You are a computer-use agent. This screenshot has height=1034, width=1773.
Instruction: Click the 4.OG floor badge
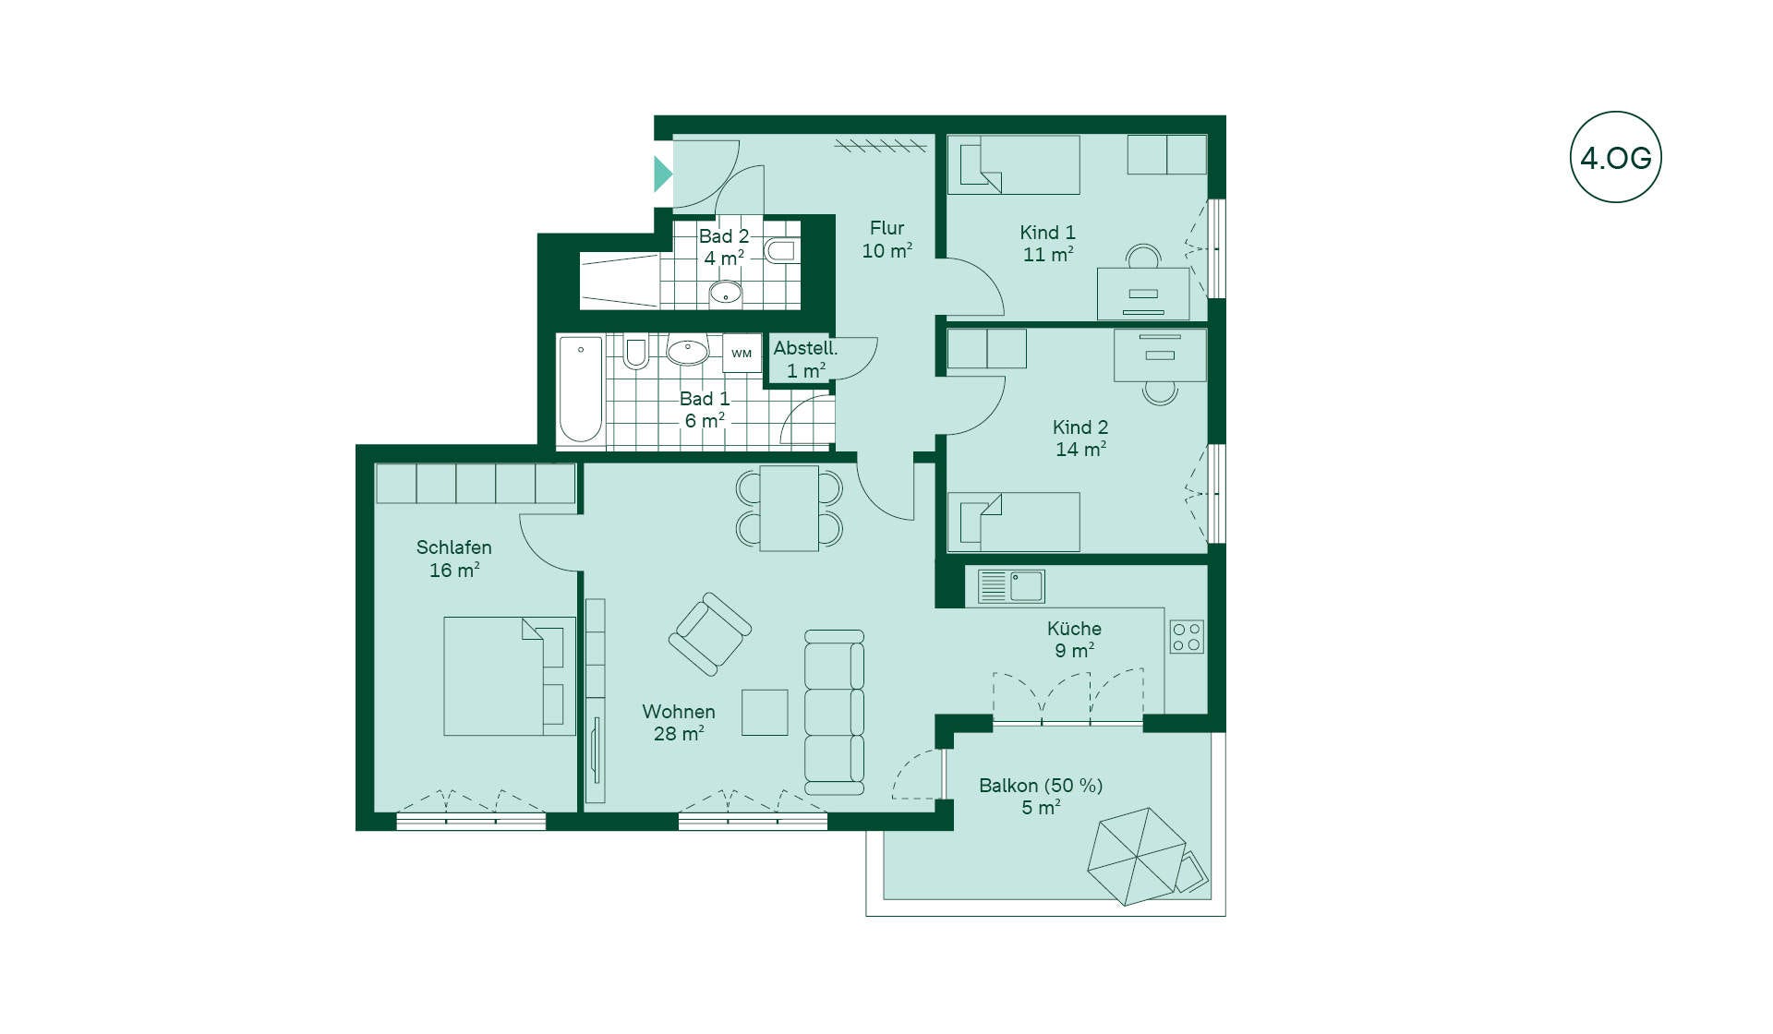1616,157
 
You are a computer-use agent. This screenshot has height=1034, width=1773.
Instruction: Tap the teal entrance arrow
662,174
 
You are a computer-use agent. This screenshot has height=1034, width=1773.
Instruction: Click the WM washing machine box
742,354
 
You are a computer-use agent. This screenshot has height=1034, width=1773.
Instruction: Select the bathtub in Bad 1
581,390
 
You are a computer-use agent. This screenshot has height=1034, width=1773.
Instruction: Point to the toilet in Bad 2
780,250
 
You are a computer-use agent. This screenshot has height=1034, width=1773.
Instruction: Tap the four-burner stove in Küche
1187,636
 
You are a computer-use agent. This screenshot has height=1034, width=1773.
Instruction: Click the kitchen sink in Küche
1011,586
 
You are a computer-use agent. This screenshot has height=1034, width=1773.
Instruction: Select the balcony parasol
1137,856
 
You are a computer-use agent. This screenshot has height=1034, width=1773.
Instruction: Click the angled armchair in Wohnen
709,634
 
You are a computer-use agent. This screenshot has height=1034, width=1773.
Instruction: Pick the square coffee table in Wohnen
765,712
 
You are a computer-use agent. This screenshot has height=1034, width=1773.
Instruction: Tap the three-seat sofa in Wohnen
834,712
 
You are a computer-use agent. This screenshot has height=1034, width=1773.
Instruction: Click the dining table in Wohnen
789,509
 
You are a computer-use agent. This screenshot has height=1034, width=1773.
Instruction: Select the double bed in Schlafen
510,676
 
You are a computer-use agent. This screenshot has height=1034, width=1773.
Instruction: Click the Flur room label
886,228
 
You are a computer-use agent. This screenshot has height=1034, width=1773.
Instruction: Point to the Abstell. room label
805,348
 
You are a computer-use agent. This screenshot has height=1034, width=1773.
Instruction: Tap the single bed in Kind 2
1014,522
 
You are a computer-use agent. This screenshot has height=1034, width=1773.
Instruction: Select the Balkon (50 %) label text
1041,786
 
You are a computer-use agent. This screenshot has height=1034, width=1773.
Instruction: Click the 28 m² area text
679,734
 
